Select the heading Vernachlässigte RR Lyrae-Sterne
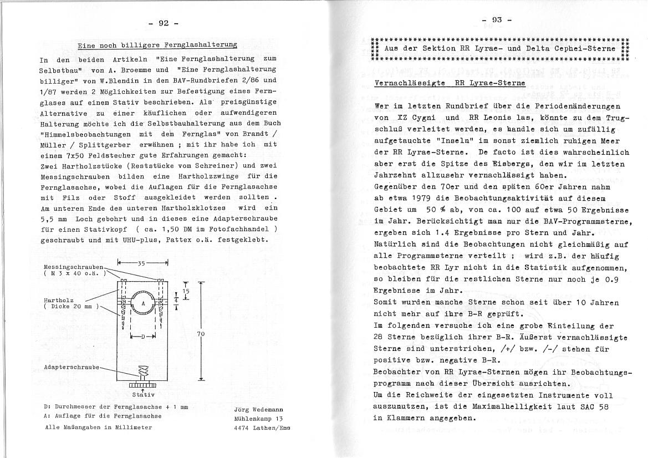(450, 84)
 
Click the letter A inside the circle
(143, 303)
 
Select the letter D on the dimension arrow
(142, 337)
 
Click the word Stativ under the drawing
(142, 395)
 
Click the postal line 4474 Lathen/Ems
(262, 428)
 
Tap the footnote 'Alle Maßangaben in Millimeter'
(98, 427)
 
